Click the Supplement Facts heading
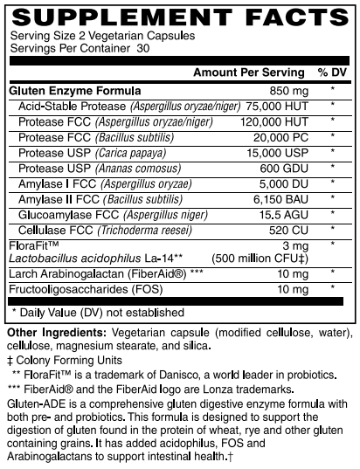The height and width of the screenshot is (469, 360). tap(179, 16)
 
